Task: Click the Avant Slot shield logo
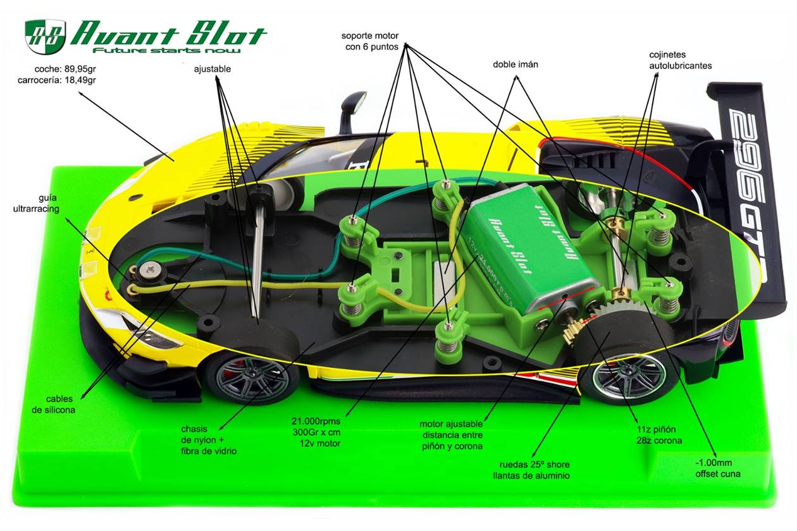[46, 36]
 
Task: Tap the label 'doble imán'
[515, 64]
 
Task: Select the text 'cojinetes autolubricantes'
[681, 60]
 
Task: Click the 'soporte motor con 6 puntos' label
[370, 41]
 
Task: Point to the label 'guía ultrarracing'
[36, 203]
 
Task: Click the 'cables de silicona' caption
[54, 405]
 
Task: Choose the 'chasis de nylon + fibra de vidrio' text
[209, 440]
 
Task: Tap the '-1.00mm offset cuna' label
[718, 468]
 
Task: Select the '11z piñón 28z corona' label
[659, 435]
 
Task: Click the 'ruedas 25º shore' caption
[534, 465]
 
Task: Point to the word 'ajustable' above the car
[213, 69]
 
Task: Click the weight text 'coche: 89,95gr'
[65, 69]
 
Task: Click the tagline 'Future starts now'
[166, 50]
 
